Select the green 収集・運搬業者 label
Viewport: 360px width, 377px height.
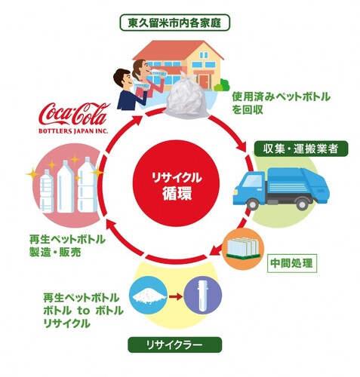pyautogui.click(x=300, y=149)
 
